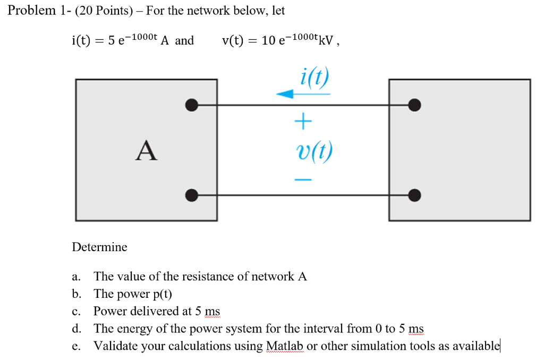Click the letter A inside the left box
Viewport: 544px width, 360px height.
(146, 150)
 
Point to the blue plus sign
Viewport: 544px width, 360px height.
(302, 123)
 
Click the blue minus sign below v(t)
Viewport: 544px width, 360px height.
(302, 180)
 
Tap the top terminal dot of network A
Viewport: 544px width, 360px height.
(192, 105)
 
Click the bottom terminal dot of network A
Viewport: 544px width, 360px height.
(192, 195)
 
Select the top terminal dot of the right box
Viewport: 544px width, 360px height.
(415, 105)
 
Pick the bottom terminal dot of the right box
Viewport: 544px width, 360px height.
(415, 195)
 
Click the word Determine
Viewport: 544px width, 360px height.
(99, 247)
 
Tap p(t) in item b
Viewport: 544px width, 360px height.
(161, 294)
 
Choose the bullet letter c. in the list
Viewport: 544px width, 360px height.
(76, 311)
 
